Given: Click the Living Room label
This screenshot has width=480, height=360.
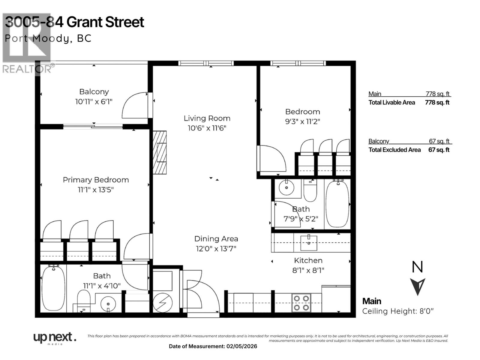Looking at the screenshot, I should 207,118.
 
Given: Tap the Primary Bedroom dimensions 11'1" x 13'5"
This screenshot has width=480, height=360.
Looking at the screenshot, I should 96,190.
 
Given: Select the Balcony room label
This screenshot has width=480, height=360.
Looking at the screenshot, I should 94,92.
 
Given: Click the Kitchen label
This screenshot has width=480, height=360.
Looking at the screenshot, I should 308,260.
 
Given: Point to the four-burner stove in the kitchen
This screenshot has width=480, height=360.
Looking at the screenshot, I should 301,303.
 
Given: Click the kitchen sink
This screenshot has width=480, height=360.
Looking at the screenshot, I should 309,243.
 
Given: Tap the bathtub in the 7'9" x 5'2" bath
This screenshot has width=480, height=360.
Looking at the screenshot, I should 337,204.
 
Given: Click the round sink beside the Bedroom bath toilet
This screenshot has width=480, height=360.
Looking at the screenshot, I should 286,188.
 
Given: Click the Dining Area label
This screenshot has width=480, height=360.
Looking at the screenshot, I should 216,239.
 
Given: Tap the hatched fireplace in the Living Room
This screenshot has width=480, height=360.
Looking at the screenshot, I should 159,152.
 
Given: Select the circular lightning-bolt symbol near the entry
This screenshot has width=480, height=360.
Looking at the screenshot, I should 163,303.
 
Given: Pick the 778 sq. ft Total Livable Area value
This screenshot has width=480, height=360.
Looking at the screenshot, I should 437,102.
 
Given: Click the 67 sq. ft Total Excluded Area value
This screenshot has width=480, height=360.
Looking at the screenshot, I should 439,150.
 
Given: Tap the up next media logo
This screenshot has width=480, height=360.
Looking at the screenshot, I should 55,338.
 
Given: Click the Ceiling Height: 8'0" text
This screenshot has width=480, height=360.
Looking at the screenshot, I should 398,311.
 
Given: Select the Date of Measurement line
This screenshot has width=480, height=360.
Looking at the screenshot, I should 213,346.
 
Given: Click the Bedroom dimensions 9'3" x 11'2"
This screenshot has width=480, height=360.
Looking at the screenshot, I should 302,121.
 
